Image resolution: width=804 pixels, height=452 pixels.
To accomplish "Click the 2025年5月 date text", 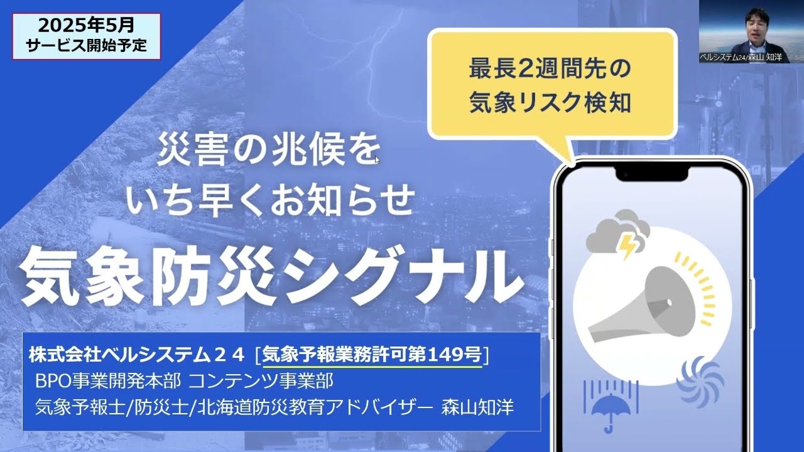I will point(86,26).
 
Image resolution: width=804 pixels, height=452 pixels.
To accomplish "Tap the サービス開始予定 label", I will point(86,46).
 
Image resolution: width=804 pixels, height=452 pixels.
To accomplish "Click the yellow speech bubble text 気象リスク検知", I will point(549,103).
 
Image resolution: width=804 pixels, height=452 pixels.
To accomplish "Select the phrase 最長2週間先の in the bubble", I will point(549,69).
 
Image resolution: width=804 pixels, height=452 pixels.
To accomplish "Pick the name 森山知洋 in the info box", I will point(486,407).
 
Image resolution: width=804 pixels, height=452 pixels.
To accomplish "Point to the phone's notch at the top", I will point(652,172).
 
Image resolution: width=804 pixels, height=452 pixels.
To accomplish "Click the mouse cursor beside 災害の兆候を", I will point(377,159).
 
